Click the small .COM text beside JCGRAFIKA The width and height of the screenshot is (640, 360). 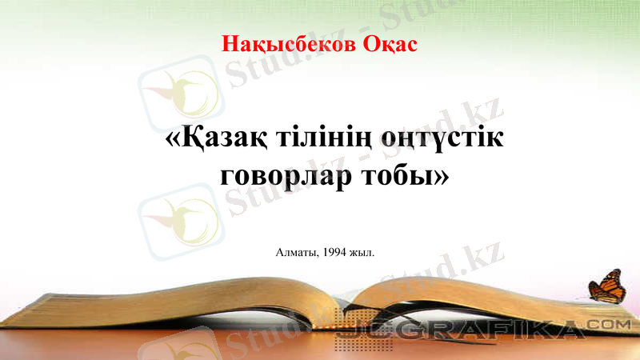(613, 324)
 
